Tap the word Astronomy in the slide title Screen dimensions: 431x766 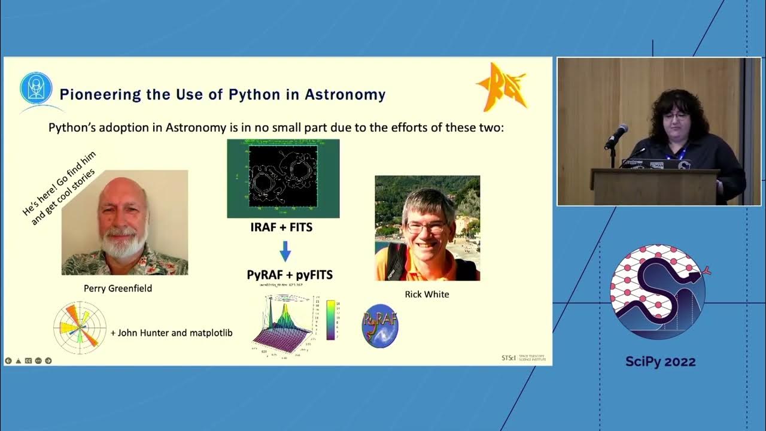(x=345, y=95)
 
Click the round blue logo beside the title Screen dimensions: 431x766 (x=36, y=89)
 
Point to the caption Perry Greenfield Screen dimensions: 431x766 (x=118, y=289)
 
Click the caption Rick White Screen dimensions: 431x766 (x=427, y=294)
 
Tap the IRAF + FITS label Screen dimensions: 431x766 (x=281, y=227)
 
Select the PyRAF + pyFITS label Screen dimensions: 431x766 (x=290, y=275)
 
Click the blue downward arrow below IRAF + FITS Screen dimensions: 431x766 (x=285, y=251)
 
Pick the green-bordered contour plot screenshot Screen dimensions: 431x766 (x=283, y=178)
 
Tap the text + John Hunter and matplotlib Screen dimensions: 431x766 (x=171, y=333)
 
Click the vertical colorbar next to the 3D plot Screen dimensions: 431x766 (x=330, y=320)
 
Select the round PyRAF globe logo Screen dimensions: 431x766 (x=380, y=326)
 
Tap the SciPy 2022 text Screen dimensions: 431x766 (x=660, y=362)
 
